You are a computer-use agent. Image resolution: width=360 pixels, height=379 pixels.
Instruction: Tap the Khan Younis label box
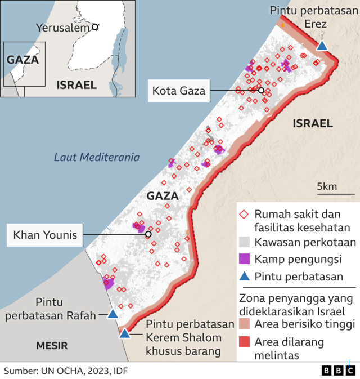(x=45, y=234)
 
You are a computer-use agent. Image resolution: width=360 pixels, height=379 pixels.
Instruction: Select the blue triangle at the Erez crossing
(x=322, y=46)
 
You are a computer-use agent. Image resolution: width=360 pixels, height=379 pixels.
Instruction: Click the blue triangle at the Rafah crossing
(x=112, y=314)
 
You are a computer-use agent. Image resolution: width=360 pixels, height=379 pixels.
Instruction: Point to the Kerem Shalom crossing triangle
(x=124, y=333)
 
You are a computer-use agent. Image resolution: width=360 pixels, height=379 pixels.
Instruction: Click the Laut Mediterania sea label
(x=97, y=158)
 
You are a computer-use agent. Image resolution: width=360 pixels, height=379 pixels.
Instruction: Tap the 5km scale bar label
(x=326, y=186)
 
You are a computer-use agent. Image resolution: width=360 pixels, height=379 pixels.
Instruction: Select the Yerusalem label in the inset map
(x=62, y=27)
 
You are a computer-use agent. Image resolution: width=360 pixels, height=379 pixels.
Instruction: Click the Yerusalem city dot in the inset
(x=95, y=26)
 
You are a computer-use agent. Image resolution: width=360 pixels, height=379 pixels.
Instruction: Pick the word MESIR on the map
(x=52, y=345)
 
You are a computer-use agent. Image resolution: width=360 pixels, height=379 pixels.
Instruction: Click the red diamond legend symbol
(x=244, y=215)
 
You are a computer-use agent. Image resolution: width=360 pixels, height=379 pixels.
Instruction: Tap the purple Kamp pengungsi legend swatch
(x=244, y=259)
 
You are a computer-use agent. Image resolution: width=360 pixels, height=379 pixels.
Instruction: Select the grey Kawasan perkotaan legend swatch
(x=244, y=243)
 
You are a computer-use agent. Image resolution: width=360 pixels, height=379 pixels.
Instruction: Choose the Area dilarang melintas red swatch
(x=244, y=342)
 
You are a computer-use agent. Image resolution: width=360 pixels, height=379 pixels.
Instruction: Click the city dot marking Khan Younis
(x=148, y=234)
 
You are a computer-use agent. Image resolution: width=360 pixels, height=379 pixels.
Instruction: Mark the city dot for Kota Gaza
(x=261, y=90)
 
